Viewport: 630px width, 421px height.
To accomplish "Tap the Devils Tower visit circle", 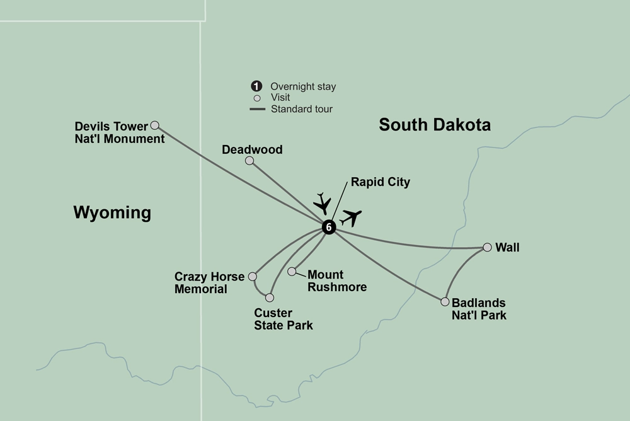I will point(154,125).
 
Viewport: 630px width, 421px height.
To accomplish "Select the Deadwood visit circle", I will point(249,161).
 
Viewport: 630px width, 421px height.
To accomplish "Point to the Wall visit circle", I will point(487,248).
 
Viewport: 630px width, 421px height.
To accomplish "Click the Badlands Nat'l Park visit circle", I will point(445,302).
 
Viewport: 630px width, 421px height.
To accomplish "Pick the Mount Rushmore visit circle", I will point(292,272).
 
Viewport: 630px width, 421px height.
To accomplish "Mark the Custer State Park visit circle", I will point(270,297).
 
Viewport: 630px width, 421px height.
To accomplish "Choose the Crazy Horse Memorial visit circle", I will point(253,276).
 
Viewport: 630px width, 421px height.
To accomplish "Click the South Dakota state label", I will point(434,125).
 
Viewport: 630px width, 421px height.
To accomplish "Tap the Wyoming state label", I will point(112,212).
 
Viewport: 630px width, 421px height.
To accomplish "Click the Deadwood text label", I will point(252,150).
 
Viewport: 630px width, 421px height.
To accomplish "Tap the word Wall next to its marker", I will point(507,248).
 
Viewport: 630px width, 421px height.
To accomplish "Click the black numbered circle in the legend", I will point(256,86).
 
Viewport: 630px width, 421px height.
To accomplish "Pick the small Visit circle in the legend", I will point(256,98).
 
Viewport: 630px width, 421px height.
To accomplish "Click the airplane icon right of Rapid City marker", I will point(351,217).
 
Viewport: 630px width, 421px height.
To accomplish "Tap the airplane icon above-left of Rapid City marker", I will point(323,202).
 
